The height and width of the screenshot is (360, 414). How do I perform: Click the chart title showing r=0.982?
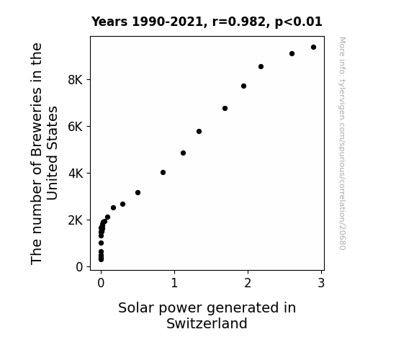pos(207,22)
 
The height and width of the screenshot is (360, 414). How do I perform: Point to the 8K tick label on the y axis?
pos(76,80)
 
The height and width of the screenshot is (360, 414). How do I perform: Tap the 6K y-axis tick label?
pos(76,127)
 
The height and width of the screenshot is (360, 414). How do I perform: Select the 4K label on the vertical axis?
pos(76,174)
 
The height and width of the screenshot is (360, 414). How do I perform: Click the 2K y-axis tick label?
pos(76,220)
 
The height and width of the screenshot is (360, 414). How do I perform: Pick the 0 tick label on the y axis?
pos(79,267)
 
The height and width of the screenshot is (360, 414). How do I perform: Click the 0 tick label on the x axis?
pos(101,283)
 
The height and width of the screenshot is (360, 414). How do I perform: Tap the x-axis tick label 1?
pos(174,283)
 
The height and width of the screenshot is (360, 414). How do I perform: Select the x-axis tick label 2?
pos(248,283)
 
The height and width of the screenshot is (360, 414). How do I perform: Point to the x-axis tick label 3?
pos(321,283)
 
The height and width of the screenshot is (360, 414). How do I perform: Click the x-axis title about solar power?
pos(207,315)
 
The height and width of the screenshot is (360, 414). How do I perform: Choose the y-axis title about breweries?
pos(44,153)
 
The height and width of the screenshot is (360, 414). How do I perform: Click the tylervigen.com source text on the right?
pos(342,143)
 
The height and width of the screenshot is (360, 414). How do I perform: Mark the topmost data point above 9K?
pos(313,48)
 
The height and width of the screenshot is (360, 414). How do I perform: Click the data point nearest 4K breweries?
pos(163,173)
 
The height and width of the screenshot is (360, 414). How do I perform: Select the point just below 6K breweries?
pos(199,132)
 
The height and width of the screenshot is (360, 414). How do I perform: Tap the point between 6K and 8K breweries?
pos(225,109)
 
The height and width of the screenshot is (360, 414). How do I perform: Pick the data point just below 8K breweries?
pos(243,86)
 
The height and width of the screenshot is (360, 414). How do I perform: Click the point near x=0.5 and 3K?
pos(138,192)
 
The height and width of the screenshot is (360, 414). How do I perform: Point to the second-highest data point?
pos(292,53)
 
